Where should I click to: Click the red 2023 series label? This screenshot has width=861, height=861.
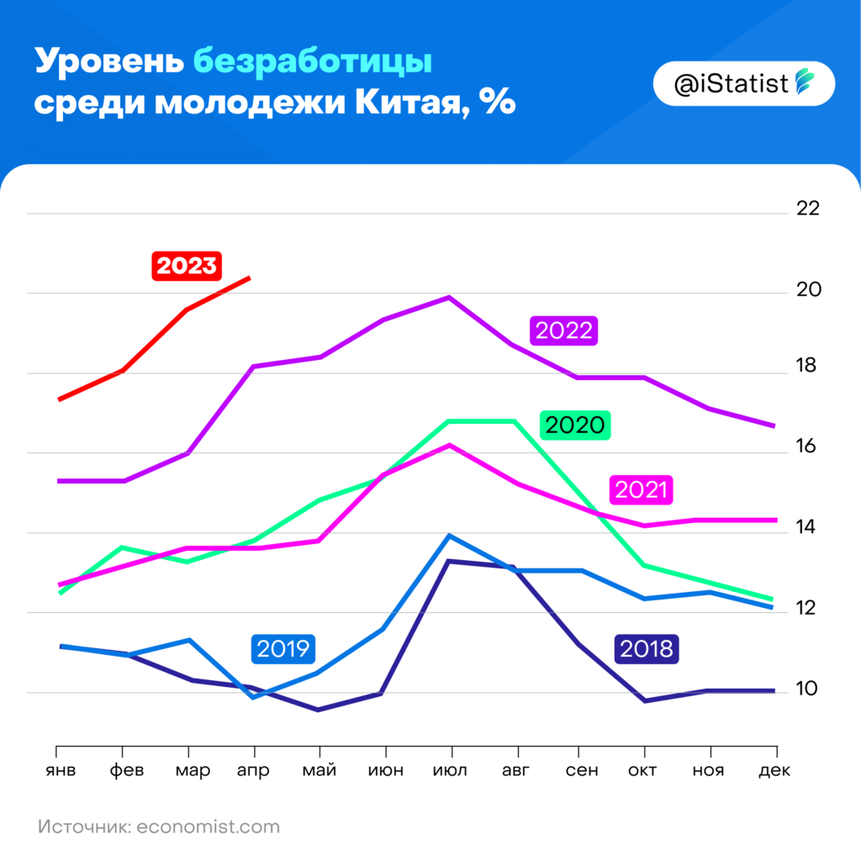point(187,267)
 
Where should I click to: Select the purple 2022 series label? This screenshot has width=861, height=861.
point(563,330)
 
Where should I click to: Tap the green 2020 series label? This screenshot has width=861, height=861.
point(575,425)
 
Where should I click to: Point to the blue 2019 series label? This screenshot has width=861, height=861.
point(283,648)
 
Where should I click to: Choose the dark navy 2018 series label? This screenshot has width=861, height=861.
point(646,648)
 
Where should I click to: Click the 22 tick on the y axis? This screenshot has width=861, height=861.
point(807,209)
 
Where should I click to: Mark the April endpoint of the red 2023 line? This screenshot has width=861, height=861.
point(249,277)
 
